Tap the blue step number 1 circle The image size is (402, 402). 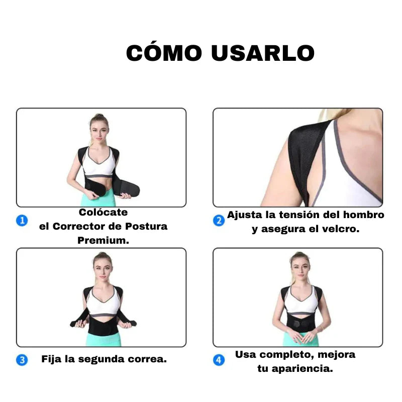pyautogui.click(x=22, y=220)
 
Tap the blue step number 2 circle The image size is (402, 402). pyautogui.click(x=219, y=220)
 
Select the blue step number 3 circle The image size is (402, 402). pyautogui.click(x=22, y=360)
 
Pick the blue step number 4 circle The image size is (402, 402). pyautogui.click(x=219, y=360)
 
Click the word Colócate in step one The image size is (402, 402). pyautogui.click(x=103, y=213)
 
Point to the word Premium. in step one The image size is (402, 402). pyautogui.click(x=103, y=241)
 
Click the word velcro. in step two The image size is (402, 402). pyautogui.click(x=341, y=230)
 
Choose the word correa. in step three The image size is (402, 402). pyautogui.click(x=150, y=359)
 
